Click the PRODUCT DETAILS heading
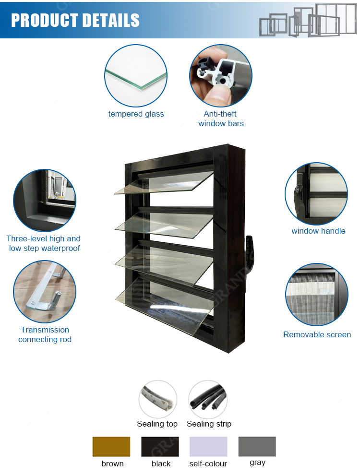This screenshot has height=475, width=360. (75, 20)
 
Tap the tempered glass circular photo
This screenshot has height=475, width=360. (136, 75)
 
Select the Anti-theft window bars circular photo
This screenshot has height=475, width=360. (221, 75)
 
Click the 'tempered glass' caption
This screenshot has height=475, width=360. (136, 114)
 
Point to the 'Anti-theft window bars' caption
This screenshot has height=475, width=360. (221, 119)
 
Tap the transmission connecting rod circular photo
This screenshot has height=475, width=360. (44, 292)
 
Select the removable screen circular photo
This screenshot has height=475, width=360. (316, 294)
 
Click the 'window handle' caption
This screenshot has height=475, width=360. (318, 231)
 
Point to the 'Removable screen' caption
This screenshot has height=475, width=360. (317, 334)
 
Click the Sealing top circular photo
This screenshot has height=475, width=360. (157, 400)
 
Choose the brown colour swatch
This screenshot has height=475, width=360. (111, 447)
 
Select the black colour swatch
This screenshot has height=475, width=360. (160, 447)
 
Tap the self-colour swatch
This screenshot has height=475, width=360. (208, 447)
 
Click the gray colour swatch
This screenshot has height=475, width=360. (257, 447)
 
